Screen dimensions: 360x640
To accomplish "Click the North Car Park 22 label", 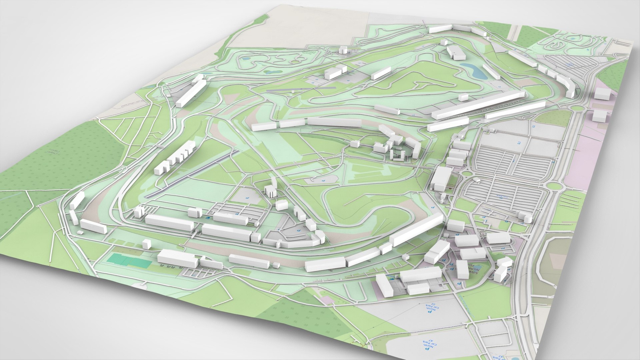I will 430,308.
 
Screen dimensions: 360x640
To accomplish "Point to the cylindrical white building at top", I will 343,50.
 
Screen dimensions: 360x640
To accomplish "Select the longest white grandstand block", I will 478,105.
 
